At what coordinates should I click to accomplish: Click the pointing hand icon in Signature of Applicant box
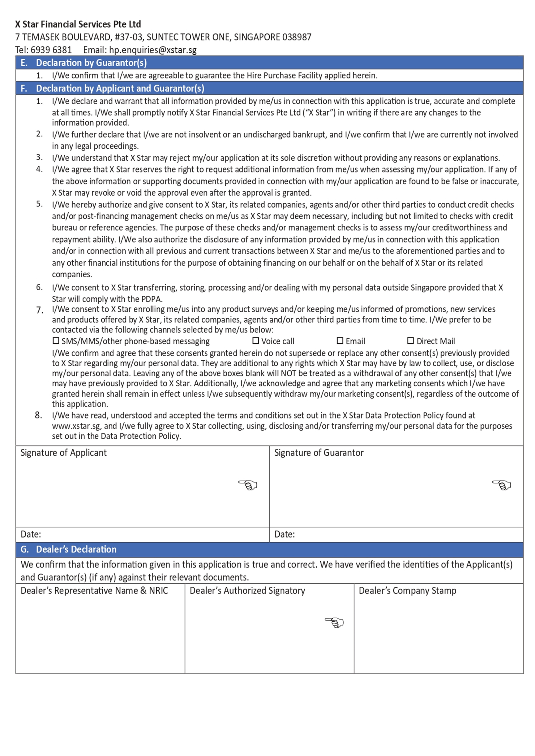pyautogui.click(x=248, y=485)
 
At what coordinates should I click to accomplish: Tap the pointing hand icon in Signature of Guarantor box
pyautogui.click(x=501, y=485)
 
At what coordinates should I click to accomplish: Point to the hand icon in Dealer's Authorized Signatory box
pyautogui.click(x=334, y=622)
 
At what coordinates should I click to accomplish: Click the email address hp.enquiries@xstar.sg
pyautogui.click(x=153, y=50)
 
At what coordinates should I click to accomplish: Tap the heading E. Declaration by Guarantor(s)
pyautogui.click(x=84, y=62)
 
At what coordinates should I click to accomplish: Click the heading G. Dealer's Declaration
pyautogui.click(x=69, y=549)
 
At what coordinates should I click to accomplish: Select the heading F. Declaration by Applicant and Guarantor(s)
pyautogui.click(x=112, y=88)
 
